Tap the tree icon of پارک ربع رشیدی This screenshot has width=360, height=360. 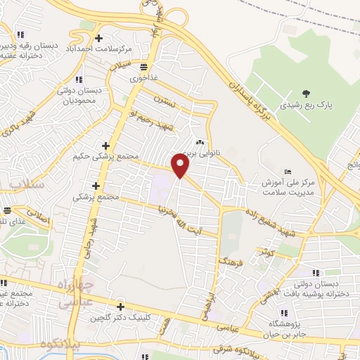tap(305, 93)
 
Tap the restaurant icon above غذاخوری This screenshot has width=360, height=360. tap(143, 67)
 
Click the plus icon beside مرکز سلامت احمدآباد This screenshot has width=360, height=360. tap(98, 38)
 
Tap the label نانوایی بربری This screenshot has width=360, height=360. tap(201, 150)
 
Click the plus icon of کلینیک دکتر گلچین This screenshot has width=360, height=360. tap(121, 307)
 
